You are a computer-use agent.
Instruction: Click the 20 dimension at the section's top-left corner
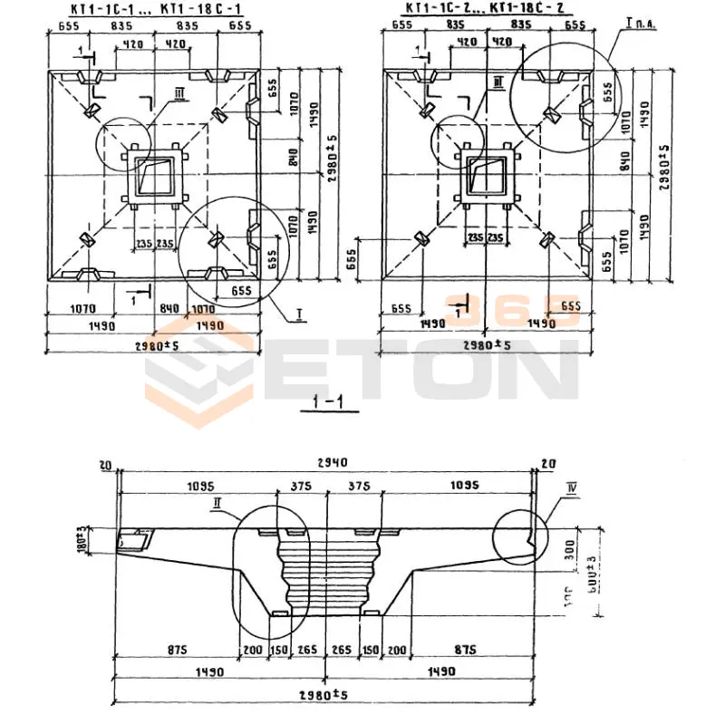(x=105, y=466)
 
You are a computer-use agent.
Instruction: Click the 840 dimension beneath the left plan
(x=169, y=307)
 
